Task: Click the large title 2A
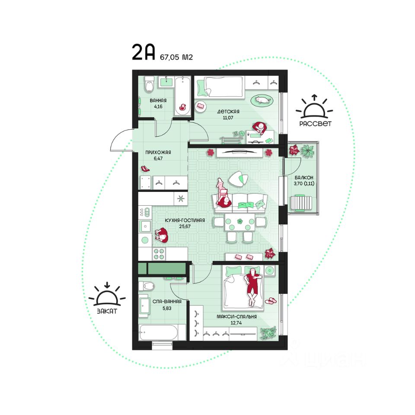[x=143, y=52]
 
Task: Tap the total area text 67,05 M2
[x=176, y=57]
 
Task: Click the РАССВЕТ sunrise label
[x=315, y=124]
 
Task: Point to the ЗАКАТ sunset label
[x=107, y=311]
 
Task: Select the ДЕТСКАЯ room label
[x=228, y=112]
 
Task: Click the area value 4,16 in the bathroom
[x=158, y=107]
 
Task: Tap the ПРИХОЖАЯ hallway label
[x=158, y=153]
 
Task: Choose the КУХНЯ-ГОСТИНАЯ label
[x=185, y=220]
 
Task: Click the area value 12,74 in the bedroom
[x=236, y=323]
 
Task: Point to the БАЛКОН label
[x=304, y=178]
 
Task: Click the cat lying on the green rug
[x=262, y=100]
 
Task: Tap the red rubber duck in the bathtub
[x=182, y=107]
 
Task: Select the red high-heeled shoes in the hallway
[x=145, y=168]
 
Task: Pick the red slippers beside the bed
[x=271, y=301]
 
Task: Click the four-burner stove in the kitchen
[x=159, y=254]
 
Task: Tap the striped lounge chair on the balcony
[x=301, y=203]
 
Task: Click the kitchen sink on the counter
[x=145, y=227]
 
